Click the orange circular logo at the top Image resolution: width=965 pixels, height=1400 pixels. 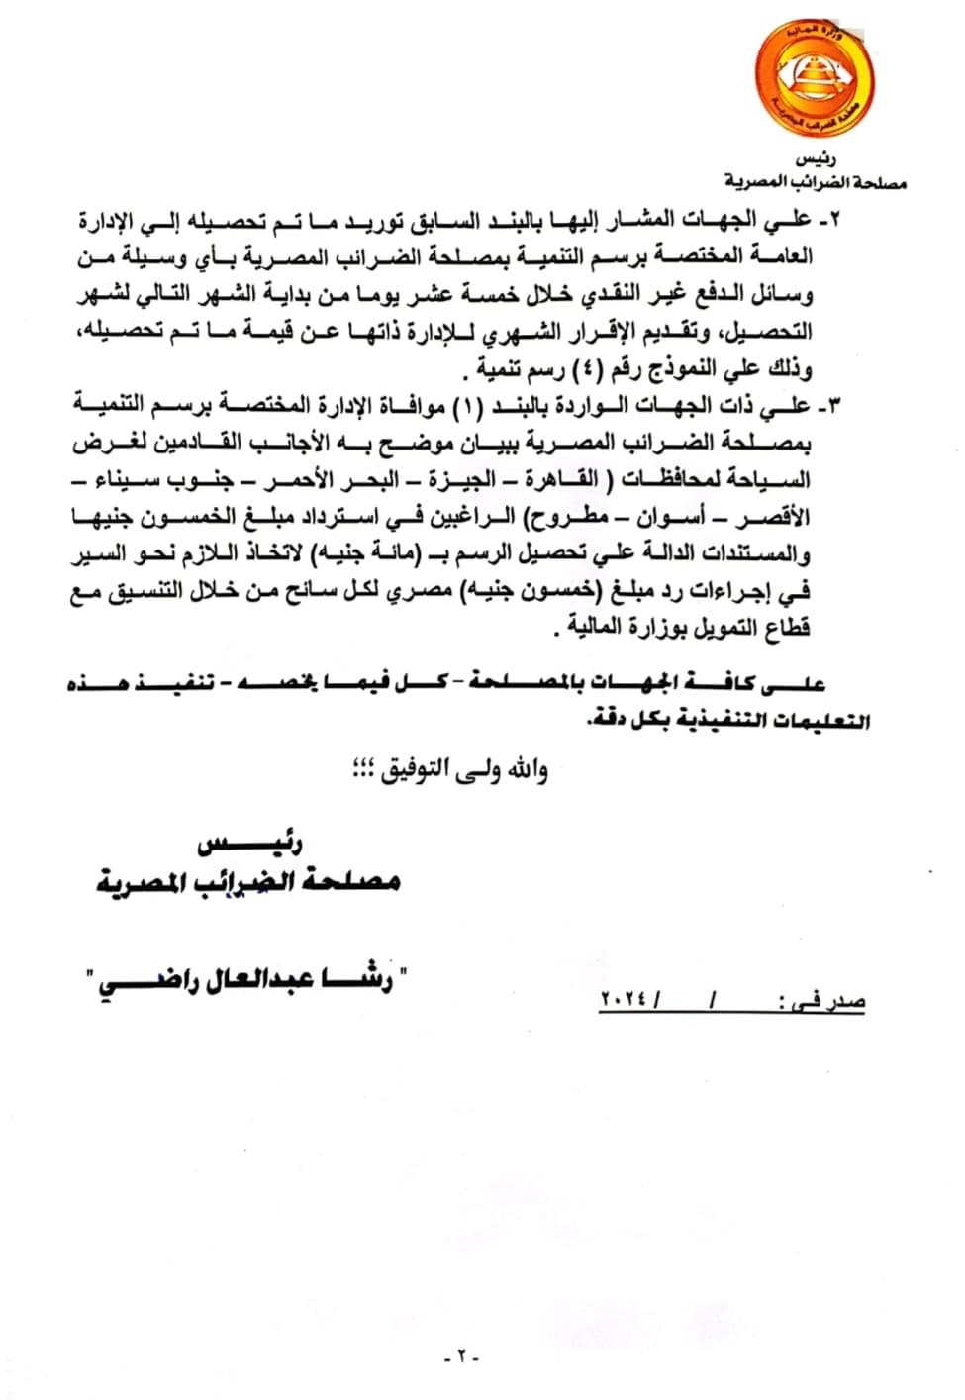818,75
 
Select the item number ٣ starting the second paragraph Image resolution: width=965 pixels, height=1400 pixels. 830,405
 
